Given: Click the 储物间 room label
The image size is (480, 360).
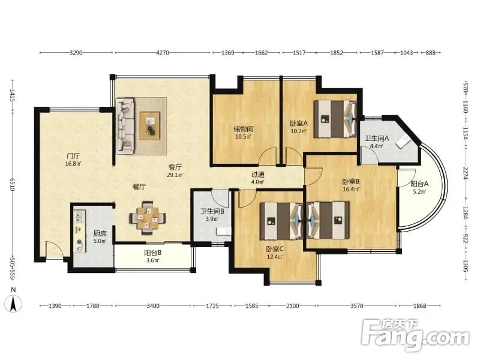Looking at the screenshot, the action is click(244, 129).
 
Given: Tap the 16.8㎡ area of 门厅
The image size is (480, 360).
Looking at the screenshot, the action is click(73, 164).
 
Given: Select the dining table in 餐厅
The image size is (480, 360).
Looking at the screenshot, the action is click(148, 218).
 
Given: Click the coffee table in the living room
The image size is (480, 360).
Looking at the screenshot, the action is click(150, 125).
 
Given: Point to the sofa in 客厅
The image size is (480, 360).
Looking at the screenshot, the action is click(125, 125).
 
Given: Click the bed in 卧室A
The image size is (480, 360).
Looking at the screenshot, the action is click(335, 119).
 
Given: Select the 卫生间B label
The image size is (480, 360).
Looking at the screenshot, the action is click(212, 211).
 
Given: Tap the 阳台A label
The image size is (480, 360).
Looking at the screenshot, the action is click(419, 184).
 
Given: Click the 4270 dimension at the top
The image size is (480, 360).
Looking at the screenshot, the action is click(163, 53).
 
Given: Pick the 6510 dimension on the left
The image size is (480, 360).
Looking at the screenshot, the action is click(13, 185).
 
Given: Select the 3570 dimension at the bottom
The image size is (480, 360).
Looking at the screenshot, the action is click(356, 305).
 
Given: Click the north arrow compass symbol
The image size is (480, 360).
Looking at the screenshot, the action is click(13, 304).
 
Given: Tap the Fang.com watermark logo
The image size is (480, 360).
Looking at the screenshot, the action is click(415, 335).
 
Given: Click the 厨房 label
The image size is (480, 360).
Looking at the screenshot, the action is click(100, 233).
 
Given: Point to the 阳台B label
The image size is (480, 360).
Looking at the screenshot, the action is click(153, 253).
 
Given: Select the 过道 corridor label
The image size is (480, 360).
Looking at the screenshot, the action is click(258, 175).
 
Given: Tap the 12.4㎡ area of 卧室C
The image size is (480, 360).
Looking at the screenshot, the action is click(275, 257).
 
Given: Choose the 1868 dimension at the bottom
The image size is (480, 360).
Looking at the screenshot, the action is click(419, 305).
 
